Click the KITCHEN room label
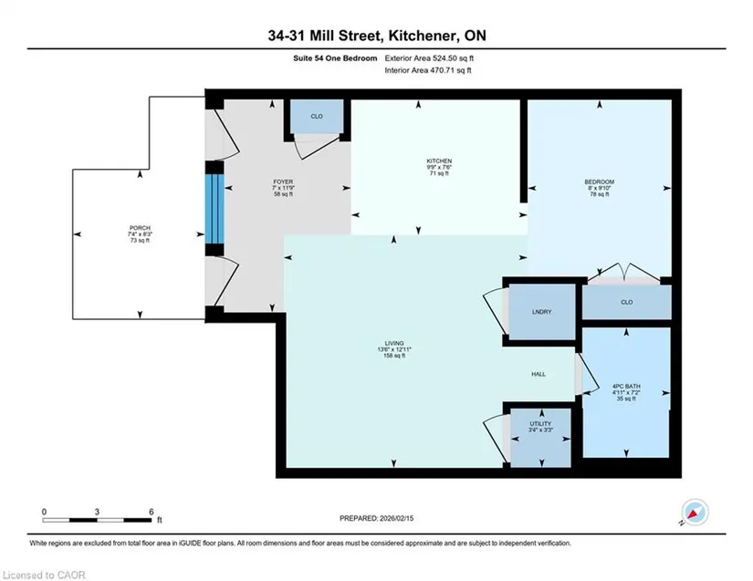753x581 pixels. [439, 161]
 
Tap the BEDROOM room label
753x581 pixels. [599, 182]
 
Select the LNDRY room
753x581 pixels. [541, 312]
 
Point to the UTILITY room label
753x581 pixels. [540, 423]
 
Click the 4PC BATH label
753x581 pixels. [626, 386]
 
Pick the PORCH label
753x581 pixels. [140, 228]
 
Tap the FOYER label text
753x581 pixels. [283, 182]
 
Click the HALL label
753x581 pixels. [539, 374]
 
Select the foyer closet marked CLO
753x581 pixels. [317, 116]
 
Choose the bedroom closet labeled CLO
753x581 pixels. [627, 302]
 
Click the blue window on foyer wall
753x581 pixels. [214, 209]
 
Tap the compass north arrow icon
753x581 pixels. [695, 512]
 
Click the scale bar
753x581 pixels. [97, 520]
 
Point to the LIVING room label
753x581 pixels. [393, 344]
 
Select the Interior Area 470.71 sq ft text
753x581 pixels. [428, 70]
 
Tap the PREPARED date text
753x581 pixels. [376, 518]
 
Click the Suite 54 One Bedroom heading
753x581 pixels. [335, 58]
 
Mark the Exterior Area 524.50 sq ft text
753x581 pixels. [429, 58]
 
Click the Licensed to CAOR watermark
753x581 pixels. [44, 575]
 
